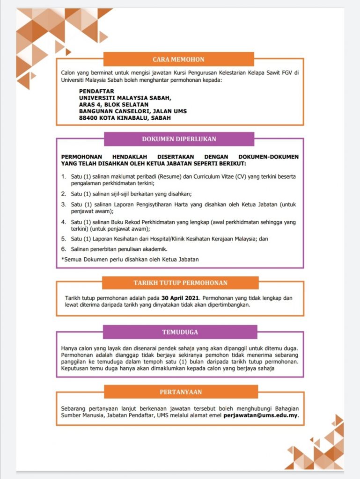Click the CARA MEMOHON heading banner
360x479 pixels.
pos(178,59)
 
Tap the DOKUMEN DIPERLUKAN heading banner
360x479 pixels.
pos(179,139)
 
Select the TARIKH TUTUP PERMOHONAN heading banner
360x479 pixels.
pos(180,283)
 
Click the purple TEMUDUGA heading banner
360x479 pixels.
pos(180,332)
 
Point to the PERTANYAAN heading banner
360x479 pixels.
pos(181,392)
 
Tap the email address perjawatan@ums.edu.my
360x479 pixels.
pos(261,415)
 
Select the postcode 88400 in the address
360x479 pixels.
pos(88,118)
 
